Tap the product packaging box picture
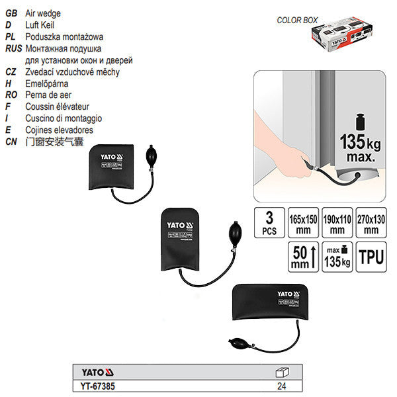pyautogui.click(x=355, y=37)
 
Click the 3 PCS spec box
pyautogui.click(x=269, y=223)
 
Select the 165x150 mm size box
pyautogui.click(x=303, y=223)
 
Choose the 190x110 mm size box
pyautogui.click(x=337, y=223)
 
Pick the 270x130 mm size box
pyautogui.click(x=372, y=223)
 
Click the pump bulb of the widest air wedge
pyautogui.click(x=240, y=344)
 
